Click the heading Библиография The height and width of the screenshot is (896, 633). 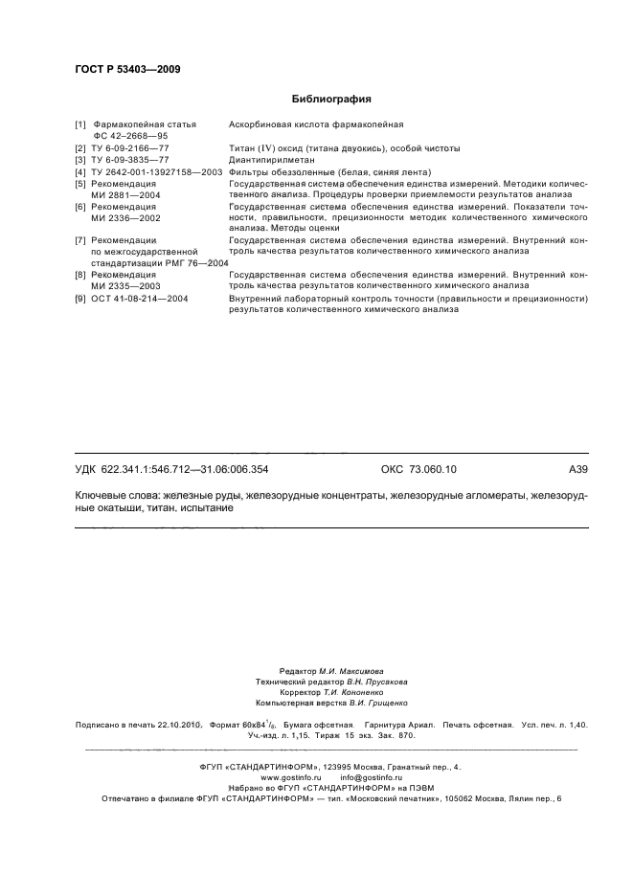pos(330,99)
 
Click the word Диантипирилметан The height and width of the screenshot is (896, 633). pos(271,160)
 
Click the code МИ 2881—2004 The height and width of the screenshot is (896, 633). pos(125,193)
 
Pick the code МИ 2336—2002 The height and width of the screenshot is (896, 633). pos(125,218)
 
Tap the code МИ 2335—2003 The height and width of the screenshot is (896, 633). pos(125,286)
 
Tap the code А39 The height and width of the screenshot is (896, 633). pos(577,469)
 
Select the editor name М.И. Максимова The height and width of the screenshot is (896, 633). pos(350,672)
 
